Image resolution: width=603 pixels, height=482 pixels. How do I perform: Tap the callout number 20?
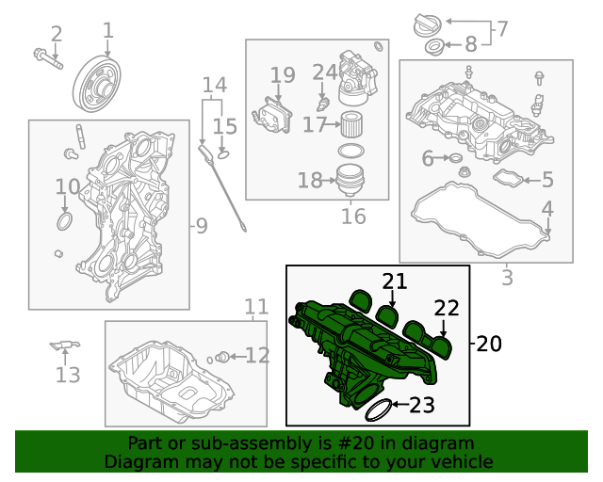pos(489,344)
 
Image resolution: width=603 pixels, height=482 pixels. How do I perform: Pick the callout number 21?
pos(395,280)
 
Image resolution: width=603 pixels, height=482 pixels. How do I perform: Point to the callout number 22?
pos(446,308)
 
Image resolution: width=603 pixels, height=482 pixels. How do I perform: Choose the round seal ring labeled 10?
pos(64,221)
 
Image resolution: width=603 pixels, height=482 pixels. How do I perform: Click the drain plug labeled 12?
pos(222,356)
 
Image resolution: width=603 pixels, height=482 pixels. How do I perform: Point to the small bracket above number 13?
pos(62,346)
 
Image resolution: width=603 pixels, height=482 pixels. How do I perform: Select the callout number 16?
pos(353,217)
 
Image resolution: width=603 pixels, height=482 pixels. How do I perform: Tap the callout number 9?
pos(201,226)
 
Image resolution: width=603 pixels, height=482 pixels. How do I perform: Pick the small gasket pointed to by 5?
pos(509,178)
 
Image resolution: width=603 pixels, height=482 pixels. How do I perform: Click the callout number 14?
pos(215,86)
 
